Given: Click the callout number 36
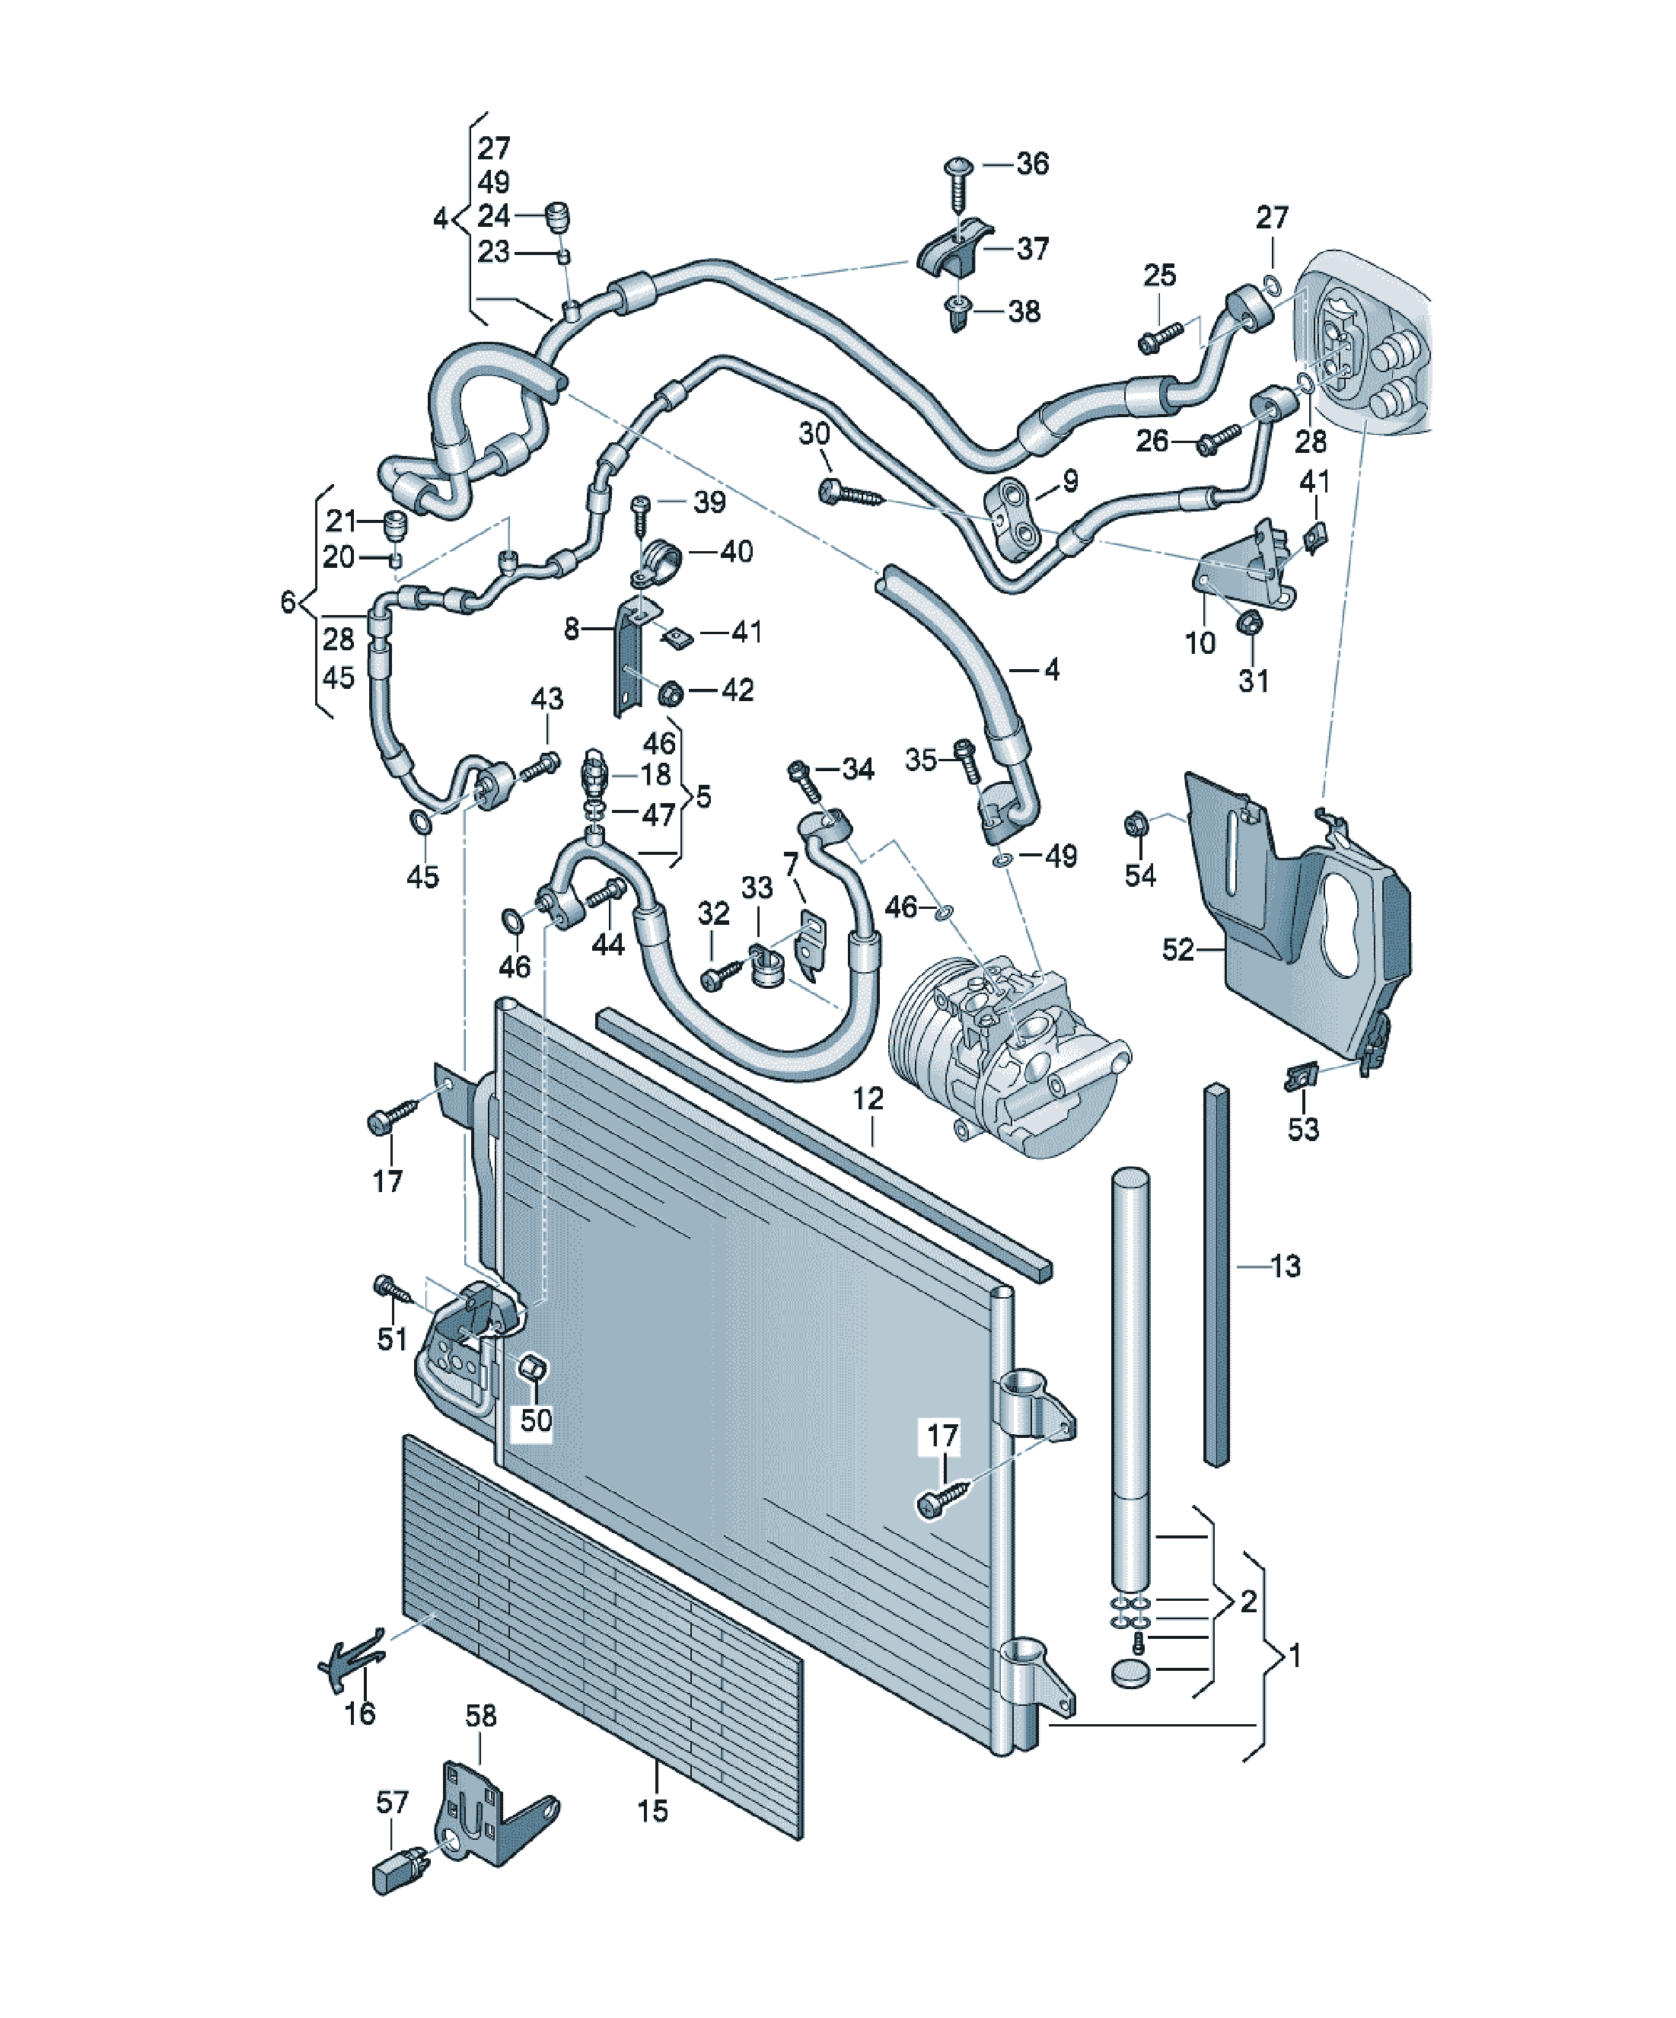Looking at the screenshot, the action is tap(1032, 164).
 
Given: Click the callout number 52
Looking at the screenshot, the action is tap(1178, 949).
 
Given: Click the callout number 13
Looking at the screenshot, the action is tap(1285, 1266).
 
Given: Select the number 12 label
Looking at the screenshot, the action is tap(868, 1098).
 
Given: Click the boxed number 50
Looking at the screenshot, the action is tap(537, 1420).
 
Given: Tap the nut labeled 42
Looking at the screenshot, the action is tap(672, 691).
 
